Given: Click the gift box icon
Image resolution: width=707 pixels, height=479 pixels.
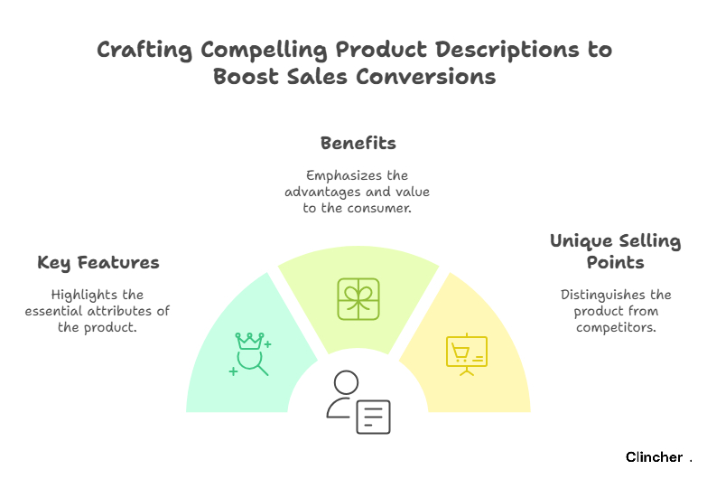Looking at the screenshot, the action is [358, 299].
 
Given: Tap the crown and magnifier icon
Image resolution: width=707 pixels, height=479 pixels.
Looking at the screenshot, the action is [250, 354].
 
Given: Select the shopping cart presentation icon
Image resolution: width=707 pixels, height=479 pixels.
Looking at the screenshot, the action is [467, 355].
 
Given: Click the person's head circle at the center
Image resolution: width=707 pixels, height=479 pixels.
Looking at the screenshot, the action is [347, 382].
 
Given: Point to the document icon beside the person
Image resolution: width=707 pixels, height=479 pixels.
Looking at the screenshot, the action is [373, 417].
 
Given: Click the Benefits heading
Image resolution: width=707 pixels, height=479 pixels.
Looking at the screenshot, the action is [358, 143].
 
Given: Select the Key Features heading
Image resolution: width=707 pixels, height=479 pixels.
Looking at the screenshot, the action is [98, 263].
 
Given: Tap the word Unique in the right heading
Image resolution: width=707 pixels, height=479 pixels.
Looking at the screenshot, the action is [581, 241].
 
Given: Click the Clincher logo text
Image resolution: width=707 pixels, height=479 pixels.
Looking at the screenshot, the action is [655, 457].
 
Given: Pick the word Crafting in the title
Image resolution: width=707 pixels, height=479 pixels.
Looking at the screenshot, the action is [144, 50].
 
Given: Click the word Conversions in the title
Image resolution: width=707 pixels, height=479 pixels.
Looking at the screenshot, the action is [426, 76].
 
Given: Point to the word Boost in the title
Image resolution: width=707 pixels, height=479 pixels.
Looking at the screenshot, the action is [247, 76].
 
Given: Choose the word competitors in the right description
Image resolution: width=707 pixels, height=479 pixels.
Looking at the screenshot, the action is [616, 327].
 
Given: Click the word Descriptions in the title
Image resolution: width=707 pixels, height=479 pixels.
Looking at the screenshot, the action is [507, 50].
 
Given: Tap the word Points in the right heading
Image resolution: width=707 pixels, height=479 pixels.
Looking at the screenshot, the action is [616, 262].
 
